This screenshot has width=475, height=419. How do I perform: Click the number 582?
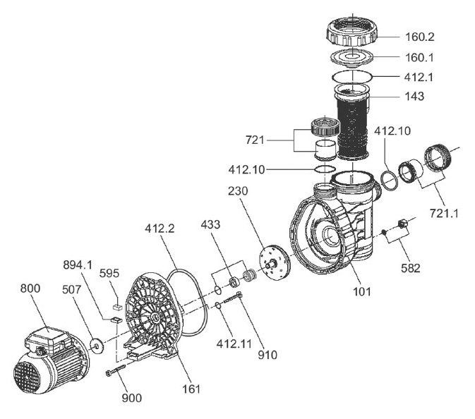pos(410,268)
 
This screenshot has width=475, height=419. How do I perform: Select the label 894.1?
pos(79,265)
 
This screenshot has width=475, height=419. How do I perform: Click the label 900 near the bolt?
pos(131,398)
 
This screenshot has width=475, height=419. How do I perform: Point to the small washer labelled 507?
pos(93,345)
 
